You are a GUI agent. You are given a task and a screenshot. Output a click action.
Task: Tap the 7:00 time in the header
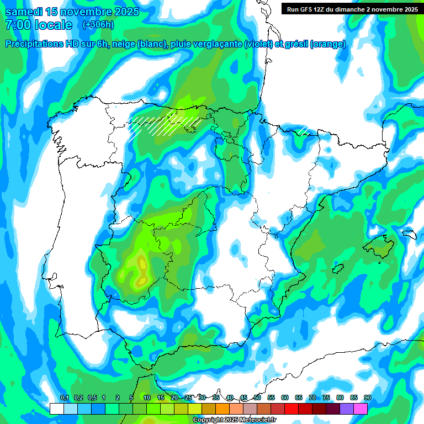pos(19,25)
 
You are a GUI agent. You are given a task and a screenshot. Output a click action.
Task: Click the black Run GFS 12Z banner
pos(351,9)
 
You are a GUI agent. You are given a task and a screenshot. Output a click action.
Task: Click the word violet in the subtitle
pos(257,44)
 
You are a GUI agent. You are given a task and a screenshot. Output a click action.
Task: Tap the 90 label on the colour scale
pos(367,397)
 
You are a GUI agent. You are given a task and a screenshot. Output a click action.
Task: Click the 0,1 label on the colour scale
pos(64,397)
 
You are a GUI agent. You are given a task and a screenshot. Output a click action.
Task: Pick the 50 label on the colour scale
pos(257,397)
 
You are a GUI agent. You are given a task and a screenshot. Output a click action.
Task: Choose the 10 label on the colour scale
pos(147,397)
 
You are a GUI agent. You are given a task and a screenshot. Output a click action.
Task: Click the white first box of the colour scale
pos(56,409)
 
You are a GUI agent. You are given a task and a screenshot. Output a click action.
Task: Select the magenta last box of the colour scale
pos(361,409)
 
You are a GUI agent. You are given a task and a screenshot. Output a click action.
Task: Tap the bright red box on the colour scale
pos(291,409)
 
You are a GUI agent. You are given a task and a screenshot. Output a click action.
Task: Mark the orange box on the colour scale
pos(222,409)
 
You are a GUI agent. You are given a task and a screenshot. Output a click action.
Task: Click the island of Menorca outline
pos(409,234)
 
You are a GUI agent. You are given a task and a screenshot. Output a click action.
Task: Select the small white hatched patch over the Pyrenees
pos(303,131)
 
